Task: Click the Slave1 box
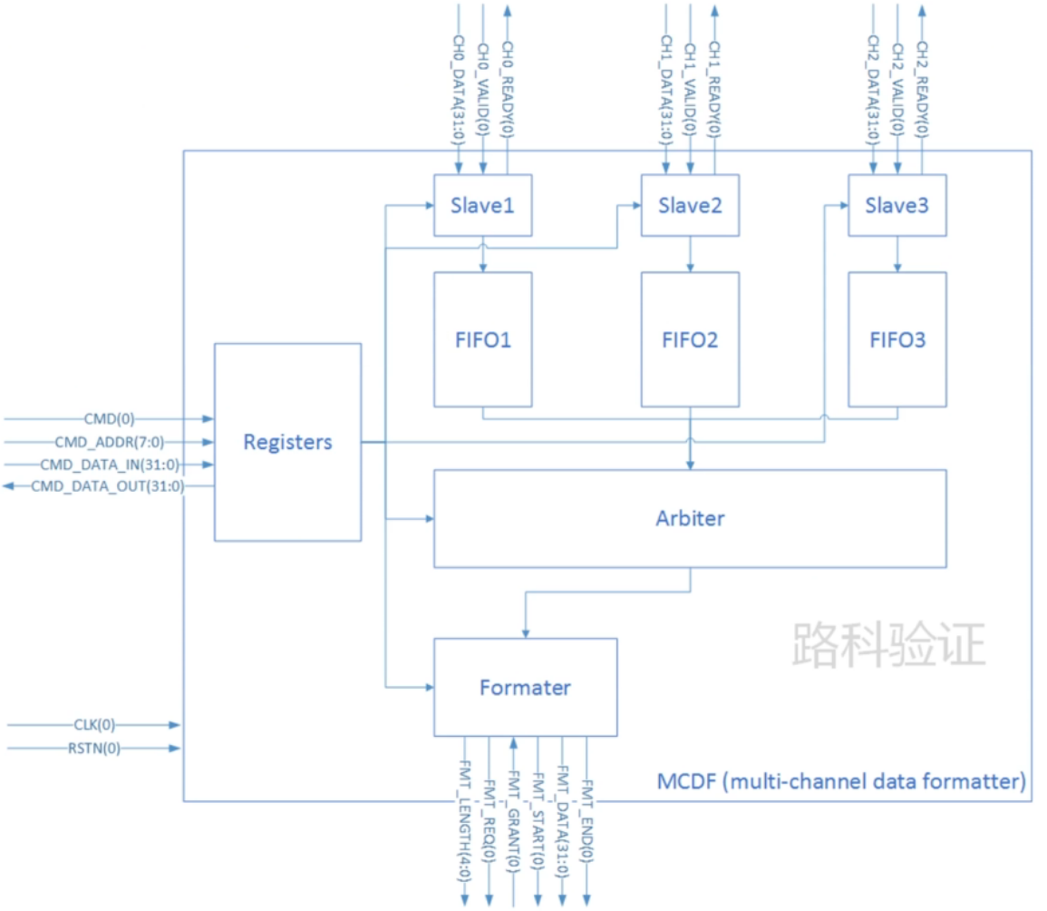coord(482,205)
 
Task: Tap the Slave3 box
coord(897,205)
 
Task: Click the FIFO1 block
coord(482,339)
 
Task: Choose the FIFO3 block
coord(897,339)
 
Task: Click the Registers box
coord(287,442)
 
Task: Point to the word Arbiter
coord(690,519)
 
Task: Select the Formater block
coord(525,687)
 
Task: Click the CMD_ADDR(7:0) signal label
coord(110,442)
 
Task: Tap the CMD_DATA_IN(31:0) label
coord(110,465)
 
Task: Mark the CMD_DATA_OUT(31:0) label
coord(108,487)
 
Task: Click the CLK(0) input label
coord(95,725)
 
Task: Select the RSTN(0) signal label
coord(95,749)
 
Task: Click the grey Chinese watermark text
coord(888,645)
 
